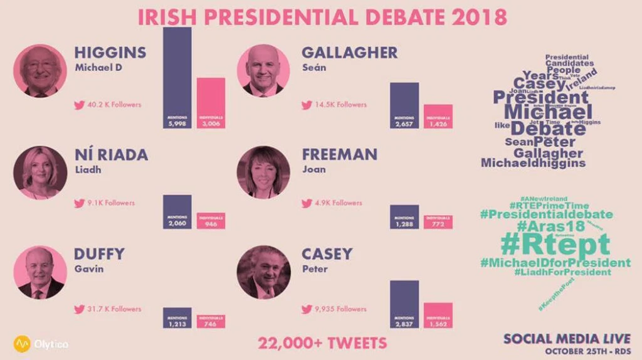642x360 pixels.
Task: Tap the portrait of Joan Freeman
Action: click(263, 172)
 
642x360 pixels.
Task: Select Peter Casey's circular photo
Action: click(263, 272)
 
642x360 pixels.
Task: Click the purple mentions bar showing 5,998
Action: click(177, 78)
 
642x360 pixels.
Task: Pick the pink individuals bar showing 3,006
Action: click(211, 103)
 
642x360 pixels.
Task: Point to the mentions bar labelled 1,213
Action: click(177, 318)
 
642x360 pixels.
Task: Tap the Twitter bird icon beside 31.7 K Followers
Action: click(79, 309)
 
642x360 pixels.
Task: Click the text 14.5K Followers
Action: click(342, 105)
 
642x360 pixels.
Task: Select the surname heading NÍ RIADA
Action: click(111, 154)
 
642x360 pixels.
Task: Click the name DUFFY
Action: click(99, 254)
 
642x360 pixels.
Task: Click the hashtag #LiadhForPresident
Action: click(554, 272)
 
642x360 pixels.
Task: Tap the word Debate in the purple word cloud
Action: click(548, 129)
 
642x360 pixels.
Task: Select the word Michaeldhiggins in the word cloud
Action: click(533, 163)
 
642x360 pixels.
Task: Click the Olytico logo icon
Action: click(23, 344)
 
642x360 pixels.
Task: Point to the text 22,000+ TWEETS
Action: click(322, 343)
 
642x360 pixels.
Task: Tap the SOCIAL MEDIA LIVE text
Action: click(567, 339)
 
